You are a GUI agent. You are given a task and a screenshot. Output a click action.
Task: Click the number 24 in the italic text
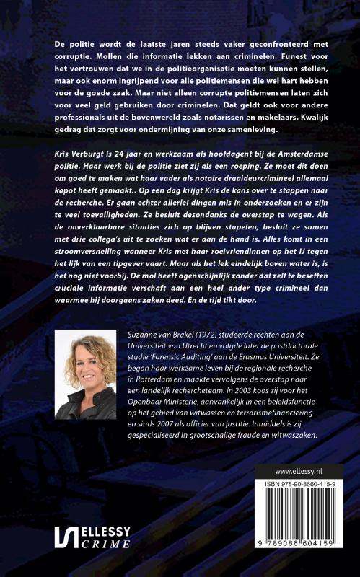point(120,154)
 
